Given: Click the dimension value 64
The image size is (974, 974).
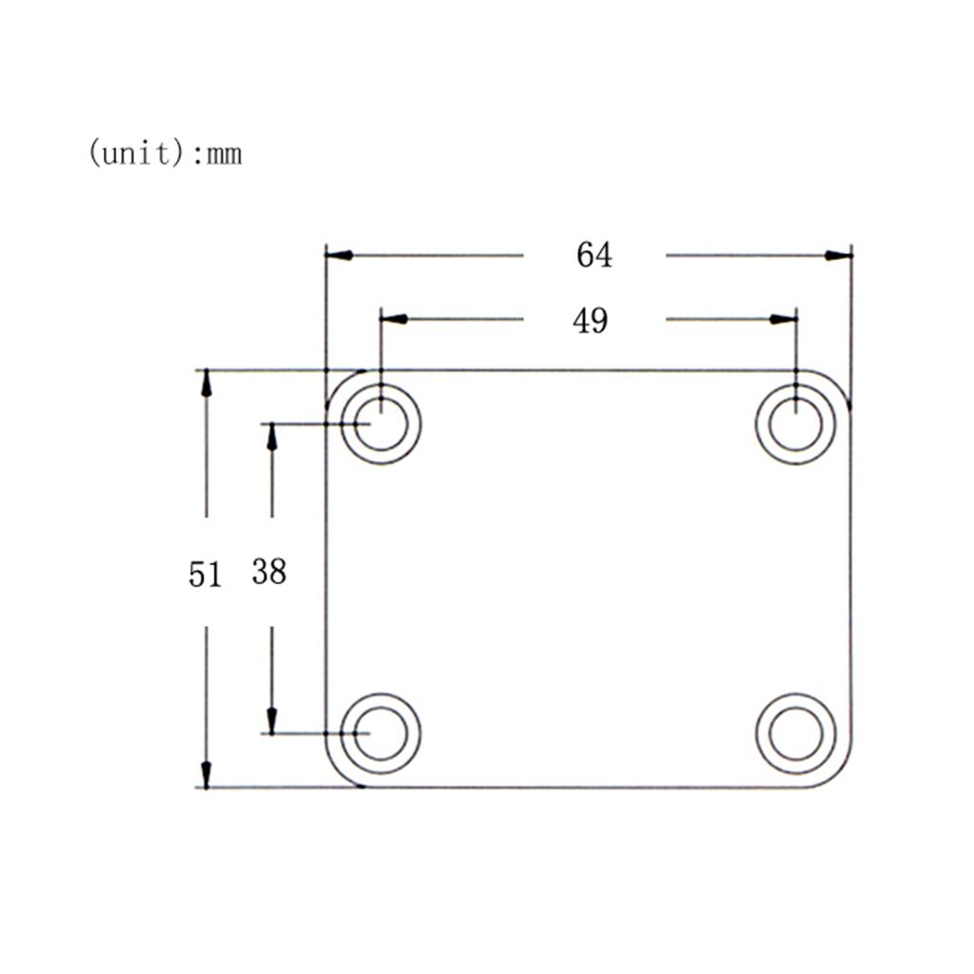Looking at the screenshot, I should (594, 255).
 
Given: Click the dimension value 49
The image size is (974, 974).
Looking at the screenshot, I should (590, 321).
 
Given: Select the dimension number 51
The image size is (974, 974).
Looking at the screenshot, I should (205, 575).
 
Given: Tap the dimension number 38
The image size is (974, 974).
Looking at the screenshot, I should (269, 572).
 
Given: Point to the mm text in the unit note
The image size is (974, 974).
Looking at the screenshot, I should (224, 153).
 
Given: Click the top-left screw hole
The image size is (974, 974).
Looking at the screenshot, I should (380, 423).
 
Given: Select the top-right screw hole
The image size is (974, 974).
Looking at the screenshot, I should (795, 423).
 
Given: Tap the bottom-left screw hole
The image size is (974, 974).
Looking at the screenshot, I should (380, 734).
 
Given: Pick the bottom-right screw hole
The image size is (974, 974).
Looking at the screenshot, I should (795, 734).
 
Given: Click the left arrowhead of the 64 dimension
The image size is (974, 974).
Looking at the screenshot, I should (340, 255).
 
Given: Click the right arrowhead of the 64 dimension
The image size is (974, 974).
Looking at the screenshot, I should (838, 255).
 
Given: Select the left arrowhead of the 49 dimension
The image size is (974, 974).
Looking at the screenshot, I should (394, 319).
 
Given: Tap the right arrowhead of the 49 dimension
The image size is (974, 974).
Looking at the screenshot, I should (783, 319).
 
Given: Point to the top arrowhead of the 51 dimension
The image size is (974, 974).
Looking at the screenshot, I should (205, 383).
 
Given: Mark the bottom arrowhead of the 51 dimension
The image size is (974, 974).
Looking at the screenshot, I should (205, 774).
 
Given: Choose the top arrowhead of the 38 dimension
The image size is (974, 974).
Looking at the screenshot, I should (272, 437).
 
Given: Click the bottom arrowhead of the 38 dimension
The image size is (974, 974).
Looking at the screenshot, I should (272, 720).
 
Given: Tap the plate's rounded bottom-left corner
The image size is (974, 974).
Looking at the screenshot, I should (339, 774).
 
